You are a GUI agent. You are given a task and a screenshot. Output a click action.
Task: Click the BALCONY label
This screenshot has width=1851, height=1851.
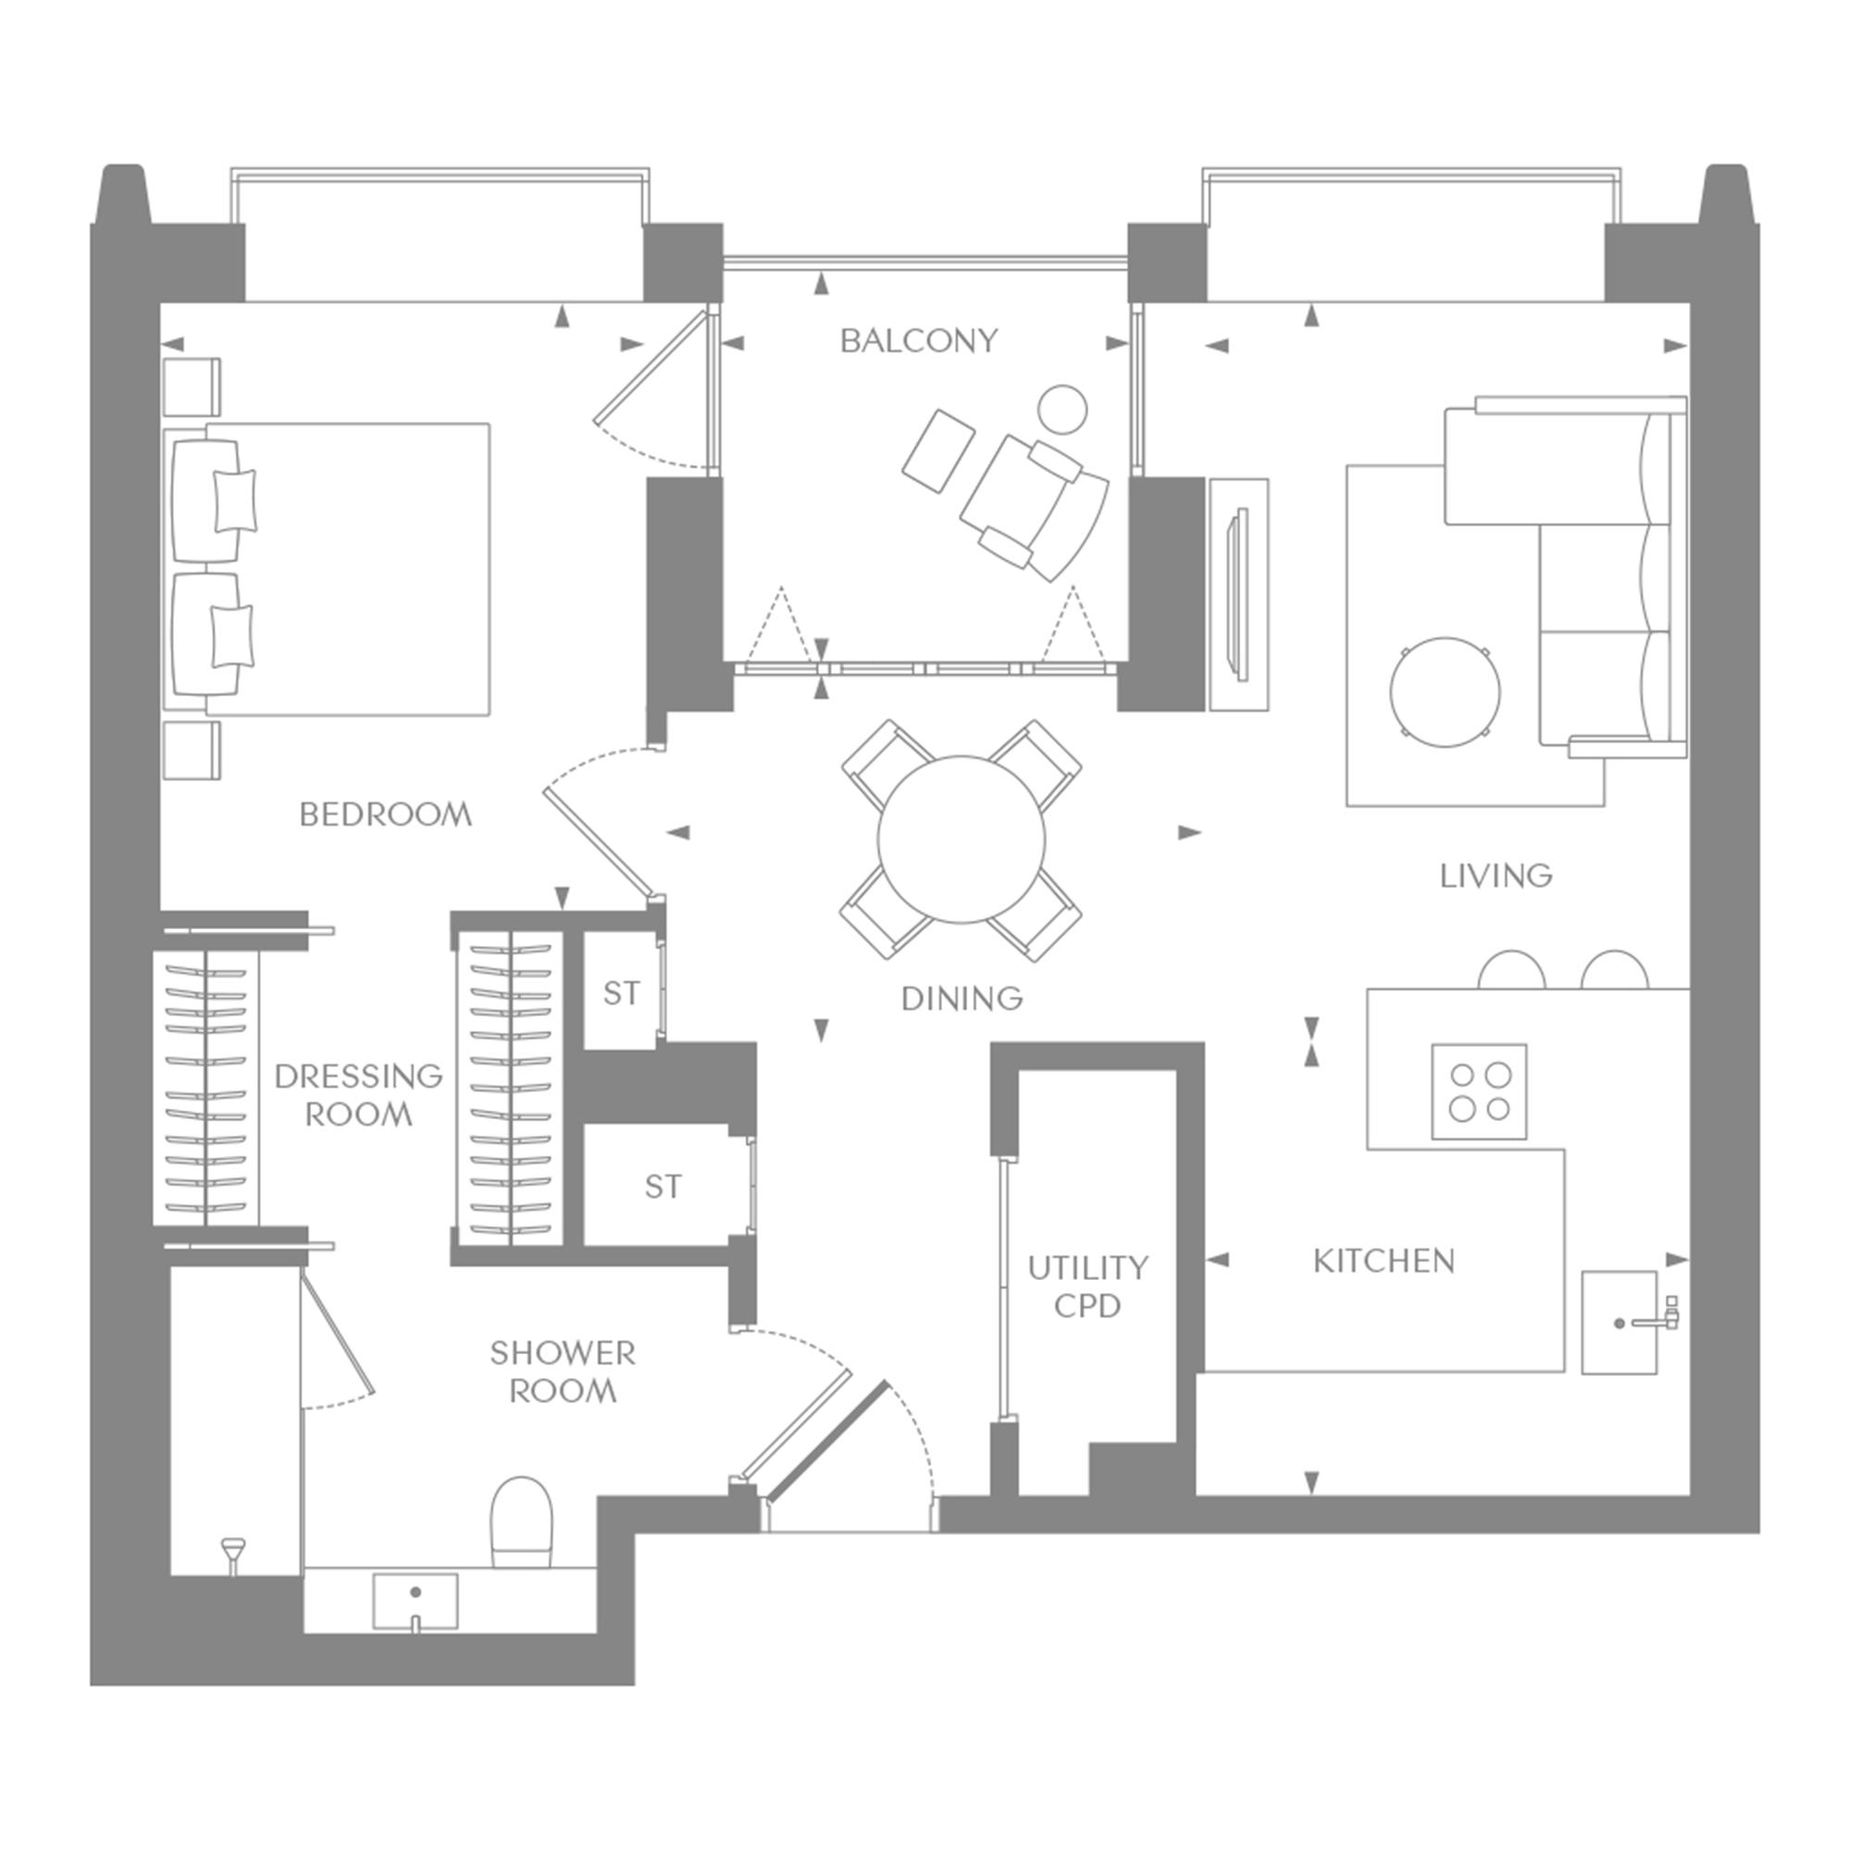[x=919, y=342]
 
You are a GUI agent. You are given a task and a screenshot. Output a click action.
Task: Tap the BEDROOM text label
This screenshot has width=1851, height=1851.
[x=385, y=815]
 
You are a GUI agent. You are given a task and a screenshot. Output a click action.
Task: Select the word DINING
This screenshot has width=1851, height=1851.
[x=962, y=999]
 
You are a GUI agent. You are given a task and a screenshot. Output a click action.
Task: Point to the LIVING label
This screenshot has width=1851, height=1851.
[x=1496, y=876]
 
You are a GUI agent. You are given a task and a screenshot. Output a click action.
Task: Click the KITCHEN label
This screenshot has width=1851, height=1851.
[x=1384, y=1261]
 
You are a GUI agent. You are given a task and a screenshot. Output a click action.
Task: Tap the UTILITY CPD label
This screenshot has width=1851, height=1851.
[x=1087, y=1286]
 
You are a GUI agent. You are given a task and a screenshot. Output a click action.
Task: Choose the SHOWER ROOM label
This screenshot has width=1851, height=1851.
[x=563, y=1372]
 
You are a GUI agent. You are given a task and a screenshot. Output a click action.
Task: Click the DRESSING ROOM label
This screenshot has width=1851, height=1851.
[x=358, y=1095]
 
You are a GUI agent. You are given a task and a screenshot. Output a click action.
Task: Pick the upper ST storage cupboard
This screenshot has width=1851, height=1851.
[x=621, y=992]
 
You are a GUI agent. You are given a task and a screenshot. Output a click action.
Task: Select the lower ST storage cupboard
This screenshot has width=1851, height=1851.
[x=663, y=1186]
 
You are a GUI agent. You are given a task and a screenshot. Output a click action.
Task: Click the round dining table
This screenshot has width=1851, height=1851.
[x=961, y=840]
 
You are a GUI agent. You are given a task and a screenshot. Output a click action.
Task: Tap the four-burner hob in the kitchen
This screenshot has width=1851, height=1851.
[x=1479, y=1091]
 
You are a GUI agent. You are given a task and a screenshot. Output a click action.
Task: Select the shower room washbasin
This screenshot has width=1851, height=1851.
[x=415, y=1602]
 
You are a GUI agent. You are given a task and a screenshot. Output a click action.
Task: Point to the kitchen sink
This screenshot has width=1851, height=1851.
[x=1619, y=1323]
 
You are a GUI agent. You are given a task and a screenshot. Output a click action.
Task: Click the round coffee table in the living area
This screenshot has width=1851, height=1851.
[x=1446, y=692]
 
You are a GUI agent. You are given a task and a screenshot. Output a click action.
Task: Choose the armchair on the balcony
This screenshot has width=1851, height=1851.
[x=1035, y=508]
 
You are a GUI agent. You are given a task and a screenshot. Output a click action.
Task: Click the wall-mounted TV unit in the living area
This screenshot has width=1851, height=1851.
[x=1239, y=595]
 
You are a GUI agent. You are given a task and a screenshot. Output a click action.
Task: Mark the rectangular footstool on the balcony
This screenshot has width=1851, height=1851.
[x=938, y=452]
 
